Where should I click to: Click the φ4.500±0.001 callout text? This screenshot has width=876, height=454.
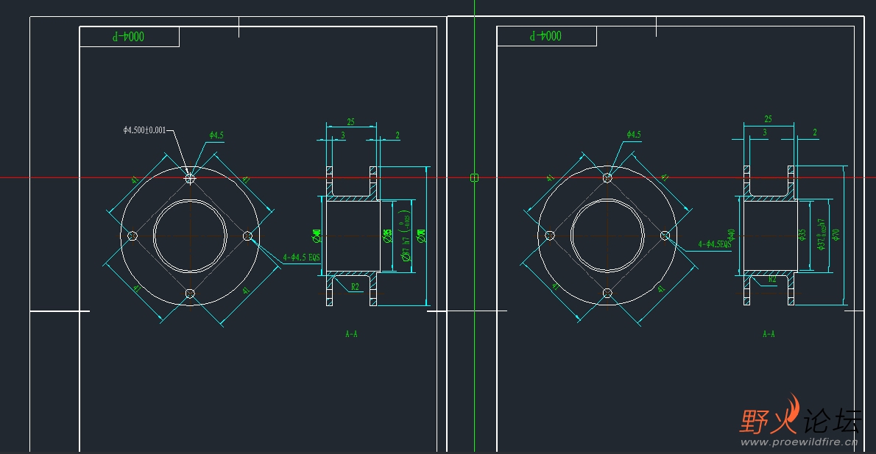[144, 130]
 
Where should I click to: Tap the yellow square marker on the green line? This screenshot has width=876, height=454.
[474, 177]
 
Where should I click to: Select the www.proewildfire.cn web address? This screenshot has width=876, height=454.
[799, 443]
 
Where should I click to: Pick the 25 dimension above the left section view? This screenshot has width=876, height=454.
[351, 121]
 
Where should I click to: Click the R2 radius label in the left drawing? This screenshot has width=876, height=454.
[355, 286]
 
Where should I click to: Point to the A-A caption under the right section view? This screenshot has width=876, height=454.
[769, 334]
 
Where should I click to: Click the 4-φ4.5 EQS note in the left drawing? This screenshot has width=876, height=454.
[302, 258]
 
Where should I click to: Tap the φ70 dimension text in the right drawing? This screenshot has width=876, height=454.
[836, 234]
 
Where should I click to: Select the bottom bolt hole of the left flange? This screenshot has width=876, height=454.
[190, 293]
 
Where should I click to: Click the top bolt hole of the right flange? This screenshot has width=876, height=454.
[607, 177]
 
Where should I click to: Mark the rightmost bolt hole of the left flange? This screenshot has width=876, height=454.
[247, 235]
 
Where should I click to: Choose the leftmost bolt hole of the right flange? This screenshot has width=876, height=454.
[550, 235]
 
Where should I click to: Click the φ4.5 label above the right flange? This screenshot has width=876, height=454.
[634, 135]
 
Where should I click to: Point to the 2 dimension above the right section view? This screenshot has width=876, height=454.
[815, 132]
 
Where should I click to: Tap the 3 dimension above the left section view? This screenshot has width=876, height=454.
[342, 135]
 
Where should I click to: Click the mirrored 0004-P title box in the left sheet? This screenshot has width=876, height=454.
[130, 36]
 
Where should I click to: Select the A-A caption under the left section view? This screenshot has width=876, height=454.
[351, 334]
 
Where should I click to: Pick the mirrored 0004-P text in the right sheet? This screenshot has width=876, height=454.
[546, 35]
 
